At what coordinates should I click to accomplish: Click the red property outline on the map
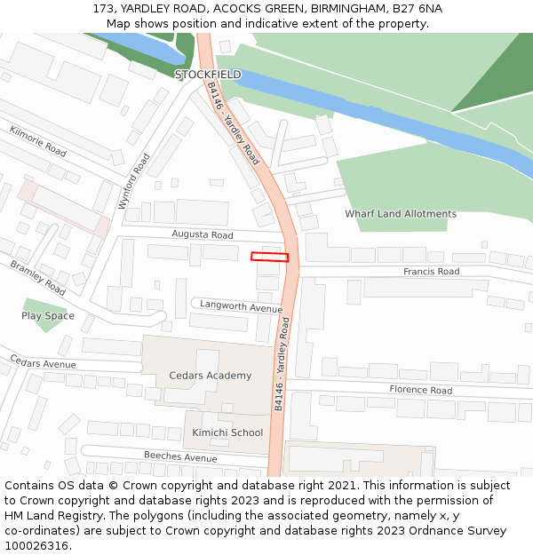coord(269,258)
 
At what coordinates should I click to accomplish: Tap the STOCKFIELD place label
coord(208,75)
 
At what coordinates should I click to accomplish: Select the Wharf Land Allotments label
coord(401,214)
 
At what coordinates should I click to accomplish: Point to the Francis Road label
coord(431,272)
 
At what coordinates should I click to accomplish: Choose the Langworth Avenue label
coord(241,306)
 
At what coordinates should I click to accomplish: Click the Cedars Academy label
coord(211,376)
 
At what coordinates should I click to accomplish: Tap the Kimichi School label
coord(227,432)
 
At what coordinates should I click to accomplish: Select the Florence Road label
coord(420,390)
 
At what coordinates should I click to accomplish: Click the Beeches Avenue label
coord(180,457)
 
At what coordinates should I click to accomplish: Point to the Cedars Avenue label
coord(43,362)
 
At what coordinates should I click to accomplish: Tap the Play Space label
coord(48,316)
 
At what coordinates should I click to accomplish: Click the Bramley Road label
coord(38,278)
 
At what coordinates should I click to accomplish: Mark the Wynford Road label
coord(134,181)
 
